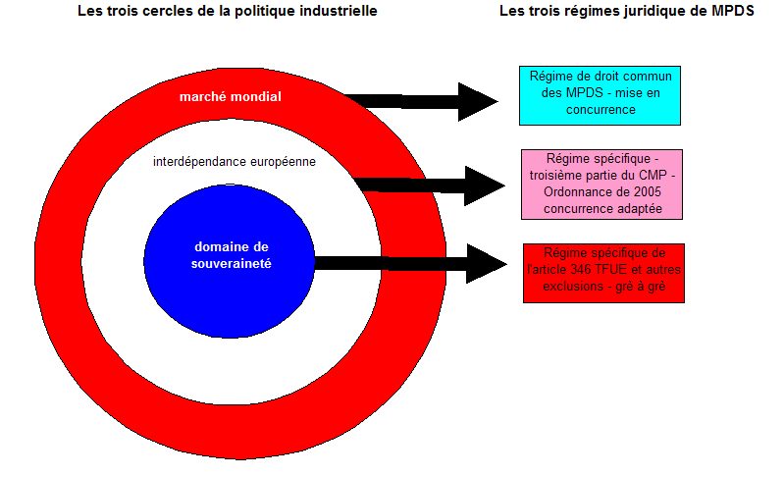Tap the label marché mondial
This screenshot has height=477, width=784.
click(x=231, y=96)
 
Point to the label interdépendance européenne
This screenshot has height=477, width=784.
click(x=235, y=161)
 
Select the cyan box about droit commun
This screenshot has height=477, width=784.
click(x=600, y=94)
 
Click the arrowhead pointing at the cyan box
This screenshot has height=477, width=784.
click(x=478, y=101)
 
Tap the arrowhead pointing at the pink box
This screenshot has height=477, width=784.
click(x=483, y=185)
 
